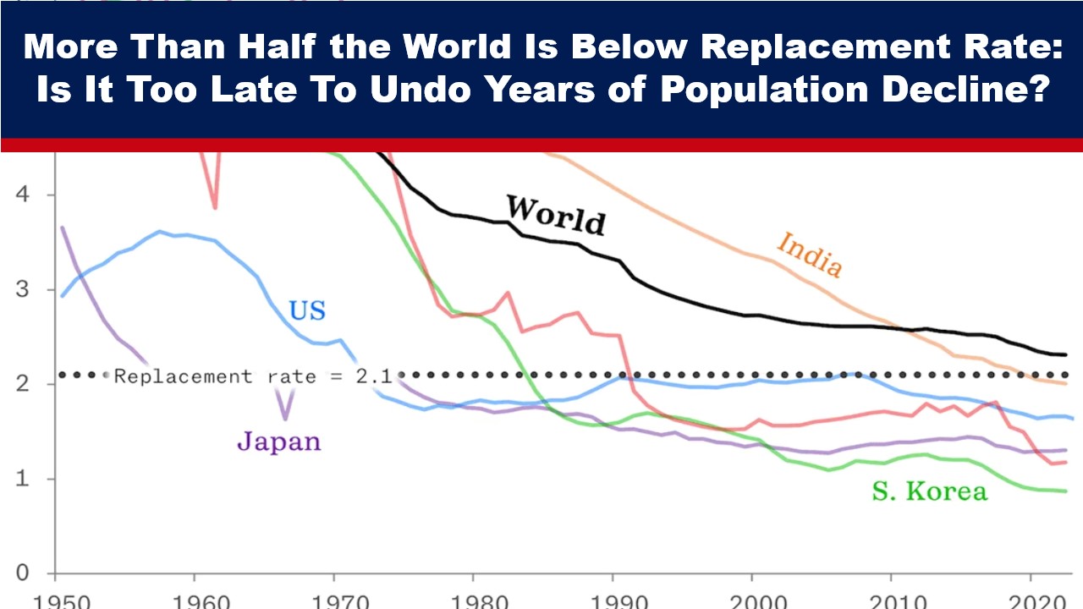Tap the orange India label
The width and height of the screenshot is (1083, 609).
(x=810, y=254)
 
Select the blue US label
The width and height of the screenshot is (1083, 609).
(x=307, y=310)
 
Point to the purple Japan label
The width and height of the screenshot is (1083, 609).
(x=278, y=441)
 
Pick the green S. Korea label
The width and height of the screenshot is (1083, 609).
(x=929, y=491)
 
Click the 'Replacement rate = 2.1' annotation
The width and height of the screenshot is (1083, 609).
(x=253, y=376)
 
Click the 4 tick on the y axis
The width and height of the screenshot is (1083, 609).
(x=24, y=195)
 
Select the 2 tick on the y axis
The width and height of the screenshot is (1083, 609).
(x=24, y=384)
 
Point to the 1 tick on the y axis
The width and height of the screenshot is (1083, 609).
(x=24, y=479)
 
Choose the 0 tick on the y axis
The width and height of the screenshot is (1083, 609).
(x=24, y=573)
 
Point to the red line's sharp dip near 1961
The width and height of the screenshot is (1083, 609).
(x=215, y=206)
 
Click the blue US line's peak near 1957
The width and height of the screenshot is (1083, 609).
(x=159, y=231)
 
